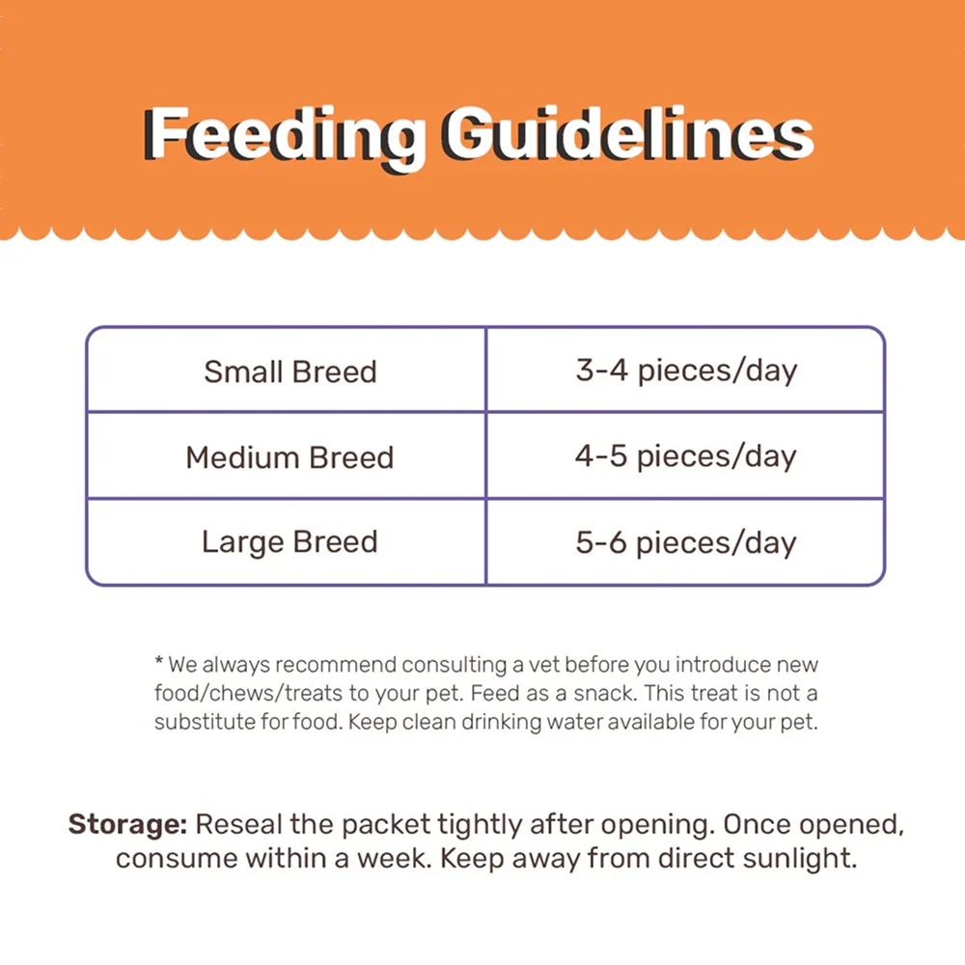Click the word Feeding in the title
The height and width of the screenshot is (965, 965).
[x=285, y=137]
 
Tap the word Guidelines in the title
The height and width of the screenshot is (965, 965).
[x=629, y=133]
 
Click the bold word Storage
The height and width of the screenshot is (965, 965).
[x=128, y=825]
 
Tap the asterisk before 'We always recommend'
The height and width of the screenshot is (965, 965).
[x=159, y=662]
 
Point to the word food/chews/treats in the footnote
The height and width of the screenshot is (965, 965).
[x=248, y=693]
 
